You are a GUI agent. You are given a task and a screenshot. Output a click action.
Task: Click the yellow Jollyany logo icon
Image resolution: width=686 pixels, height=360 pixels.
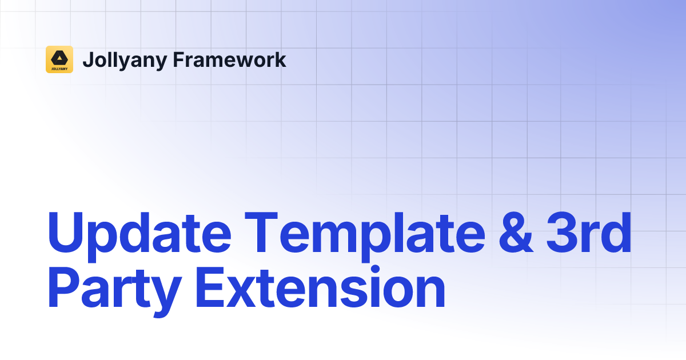pyautogui.click(x=59, y=59)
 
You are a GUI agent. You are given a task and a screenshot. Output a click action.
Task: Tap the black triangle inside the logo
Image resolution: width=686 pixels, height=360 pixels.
pyautogui.click(x=59, y=57)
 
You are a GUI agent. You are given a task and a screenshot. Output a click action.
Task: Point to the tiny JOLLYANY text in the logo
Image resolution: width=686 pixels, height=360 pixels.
pyautogui.click(x=59, y=67)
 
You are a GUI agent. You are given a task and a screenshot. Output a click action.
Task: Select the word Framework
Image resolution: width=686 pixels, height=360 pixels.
pyautogui.click(x=229, y=59)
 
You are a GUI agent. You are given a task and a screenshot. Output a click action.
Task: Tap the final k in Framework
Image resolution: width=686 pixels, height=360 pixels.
pyautogui.click(x=281, y=59)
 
